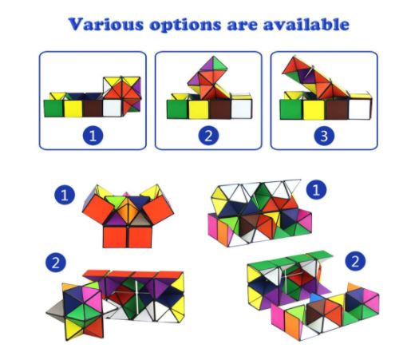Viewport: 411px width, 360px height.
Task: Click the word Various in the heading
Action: click(106, 24)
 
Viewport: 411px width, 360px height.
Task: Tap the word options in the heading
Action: click(185, 26)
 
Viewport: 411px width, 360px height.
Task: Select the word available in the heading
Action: click(306, 24)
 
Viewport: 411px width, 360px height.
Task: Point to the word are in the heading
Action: click(242, 26)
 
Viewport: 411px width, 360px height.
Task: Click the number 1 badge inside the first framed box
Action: click(93, 135)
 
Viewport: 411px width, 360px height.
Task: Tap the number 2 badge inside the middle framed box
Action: click(208, 136)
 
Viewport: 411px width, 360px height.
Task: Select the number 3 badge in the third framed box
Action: click(324, 136)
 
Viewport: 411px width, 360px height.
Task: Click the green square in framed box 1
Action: click(53, 109)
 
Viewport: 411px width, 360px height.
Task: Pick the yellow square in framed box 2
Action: click(199, 109)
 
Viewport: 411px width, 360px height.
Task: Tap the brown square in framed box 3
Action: click(337, 109)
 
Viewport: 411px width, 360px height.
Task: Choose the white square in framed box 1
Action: click(113, 108)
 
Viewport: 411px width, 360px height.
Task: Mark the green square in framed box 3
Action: click(291, 109)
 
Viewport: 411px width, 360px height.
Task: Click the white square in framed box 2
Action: click(241, 109)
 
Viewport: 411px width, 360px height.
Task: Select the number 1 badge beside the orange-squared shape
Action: click(65, 195)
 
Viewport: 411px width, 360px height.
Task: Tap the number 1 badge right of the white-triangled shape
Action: click(316, 190)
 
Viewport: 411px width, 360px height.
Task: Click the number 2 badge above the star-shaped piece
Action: click(56, 262)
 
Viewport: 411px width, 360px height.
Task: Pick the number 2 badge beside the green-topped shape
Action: click(355, 261)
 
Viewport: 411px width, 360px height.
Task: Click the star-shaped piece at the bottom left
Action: click(80, 311)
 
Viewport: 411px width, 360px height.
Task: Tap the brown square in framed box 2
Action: click(220, 109)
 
